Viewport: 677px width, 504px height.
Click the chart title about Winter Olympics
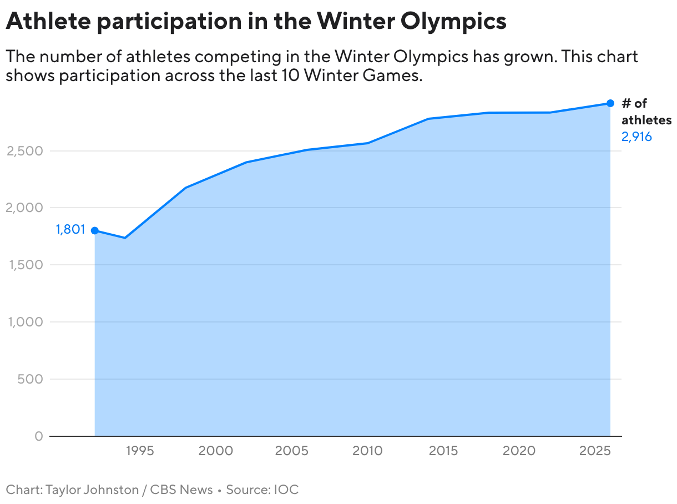tap(256, 21)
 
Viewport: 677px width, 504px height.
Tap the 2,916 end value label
tap(636, 137)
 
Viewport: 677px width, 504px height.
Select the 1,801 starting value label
tap(70, 230)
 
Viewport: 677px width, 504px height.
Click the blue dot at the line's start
tap(95, 230)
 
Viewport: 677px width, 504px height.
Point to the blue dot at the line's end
tap(610, 103)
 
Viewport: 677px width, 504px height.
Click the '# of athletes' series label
tap(646, 112)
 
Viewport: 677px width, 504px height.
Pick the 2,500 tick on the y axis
tap(24, 151)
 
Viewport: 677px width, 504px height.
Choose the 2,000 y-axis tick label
tap(24, 208)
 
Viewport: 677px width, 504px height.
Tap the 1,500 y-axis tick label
tap(24, 265)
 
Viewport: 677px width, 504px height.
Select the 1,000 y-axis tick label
tap(24, 322)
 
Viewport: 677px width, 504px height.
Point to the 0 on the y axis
tap(38, 437)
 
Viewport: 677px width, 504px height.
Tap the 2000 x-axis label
tap(215, 451)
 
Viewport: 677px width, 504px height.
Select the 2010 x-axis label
tap(367, 451)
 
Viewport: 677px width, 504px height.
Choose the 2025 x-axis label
tap(595, 451)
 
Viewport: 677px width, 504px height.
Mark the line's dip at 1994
tap(125, 238)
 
